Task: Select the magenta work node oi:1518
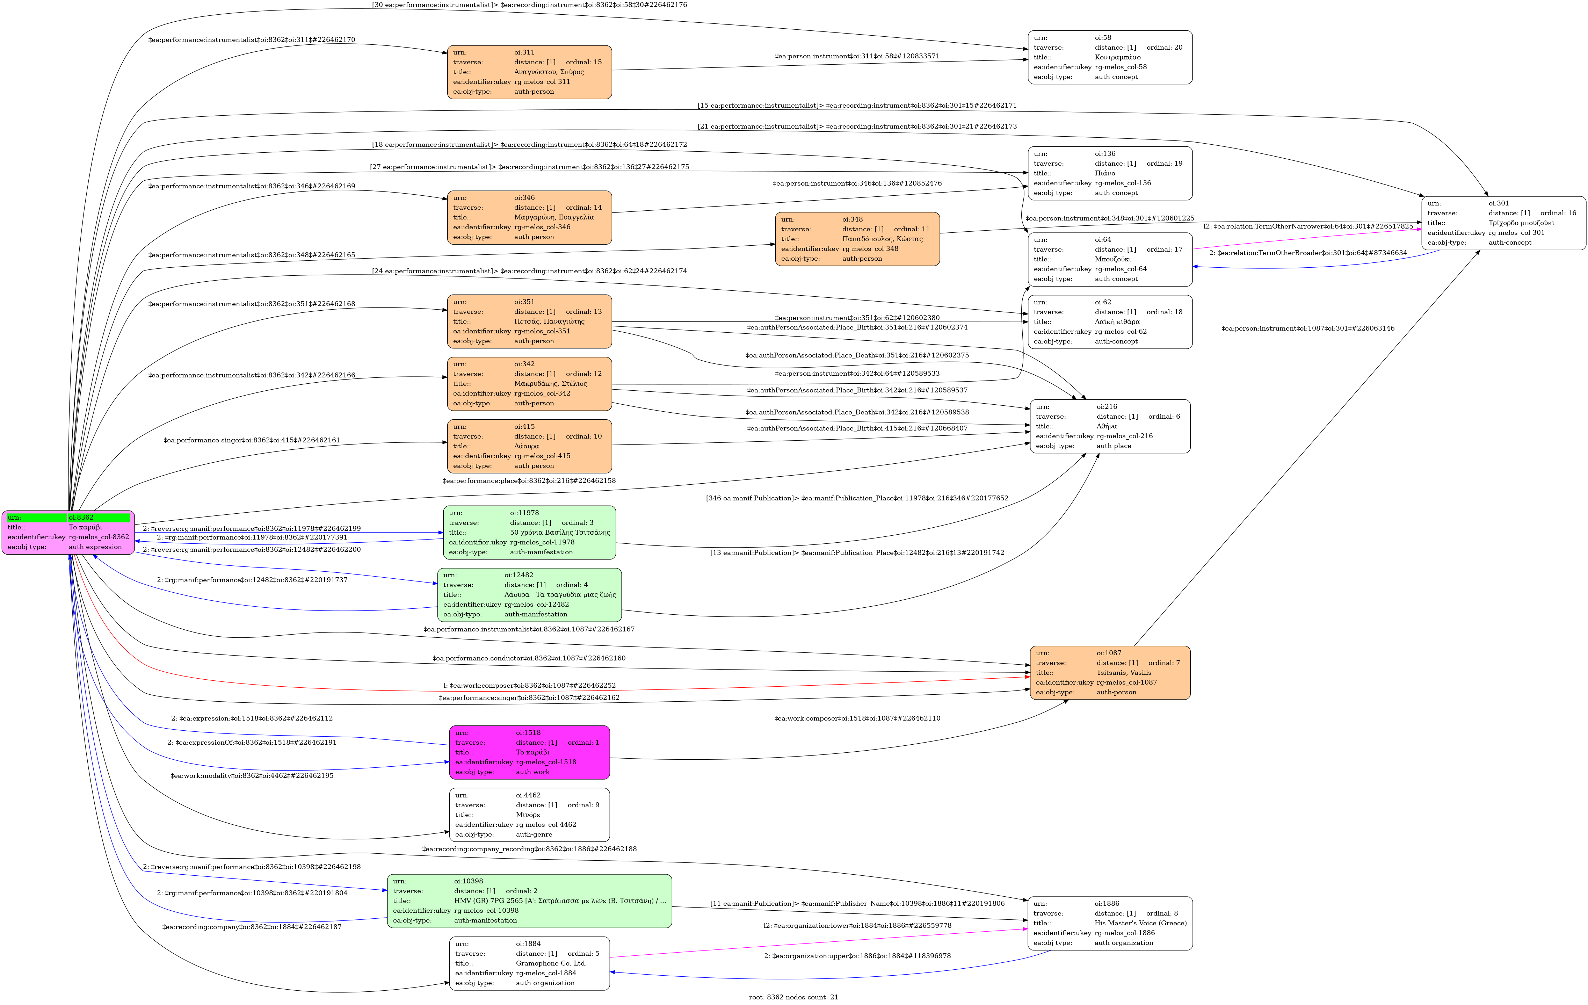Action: [530, 752]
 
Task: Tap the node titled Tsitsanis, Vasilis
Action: [1110, 673]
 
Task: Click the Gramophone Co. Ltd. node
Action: [530, 963]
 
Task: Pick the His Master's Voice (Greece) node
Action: [1110, 923]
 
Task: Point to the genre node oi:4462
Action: [530, 815]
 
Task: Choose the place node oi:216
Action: [1110, 426]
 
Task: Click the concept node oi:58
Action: [1110, 57]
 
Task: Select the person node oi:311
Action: [530, 72]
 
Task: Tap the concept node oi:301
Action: [1503, 223]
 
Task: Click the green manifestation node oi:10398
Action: [530, 901]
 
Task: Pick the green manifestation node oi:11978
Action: [530, 532]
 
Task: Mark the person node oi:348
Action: [857, 239]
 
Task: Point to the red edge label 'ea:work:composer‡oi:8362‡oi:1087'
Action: [530, 685]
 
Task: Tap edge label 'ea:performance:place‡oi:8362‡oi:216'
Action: [530, 481]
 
